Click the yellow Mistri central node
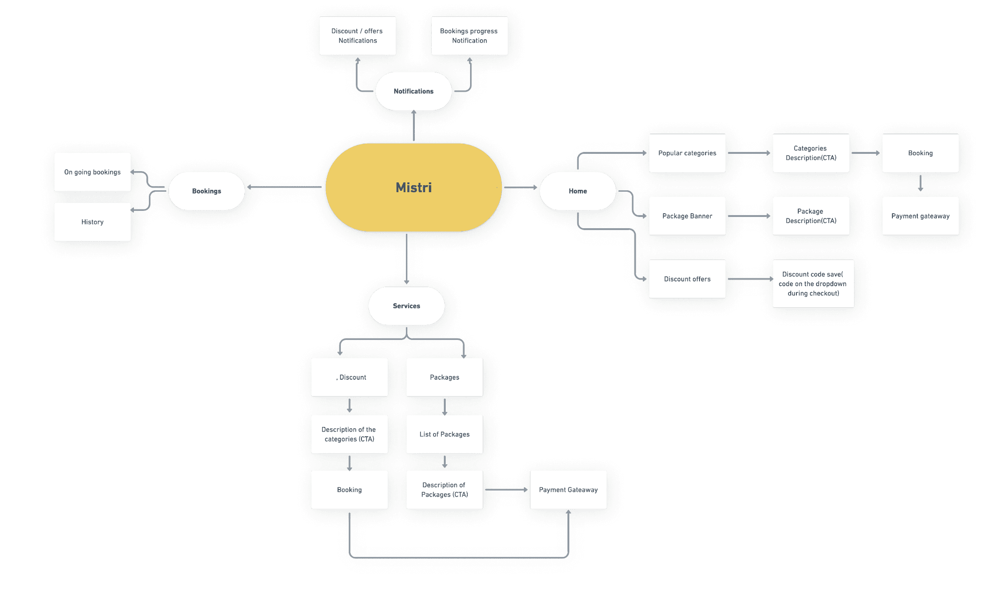(x=413, y=188)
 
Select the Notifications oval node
(x=413, y=91)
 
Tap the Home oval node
(x=577, y=191)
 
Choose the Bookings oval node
(x=206, y=191)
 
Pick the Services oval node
(x=406, y=306)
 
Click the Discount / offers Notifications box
(x=357, y=36)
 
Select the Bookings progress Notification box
(x=469, y=36)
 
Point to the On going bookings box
(x=92, y=172)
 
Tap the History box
(x=92, y=222)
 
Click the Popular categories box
(x=687, y=153)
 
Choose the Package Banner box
(x=687, y=216)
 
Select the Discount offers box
(x=687, y=279)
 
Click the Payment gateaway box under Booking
(x=920, y=216)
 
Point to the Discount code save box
(x=813, y=284)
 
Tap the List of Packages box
(x=444, y=434)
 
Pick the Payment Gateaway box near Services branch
(x=568, y=490)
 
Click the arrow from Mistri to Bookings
(x=285, y=187)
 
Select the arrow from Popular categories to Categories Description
(x=749, y=153)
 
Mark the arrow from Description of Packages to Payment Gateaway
(x=506, y=490)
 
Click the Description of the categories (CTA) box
(x=349, y=434)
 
